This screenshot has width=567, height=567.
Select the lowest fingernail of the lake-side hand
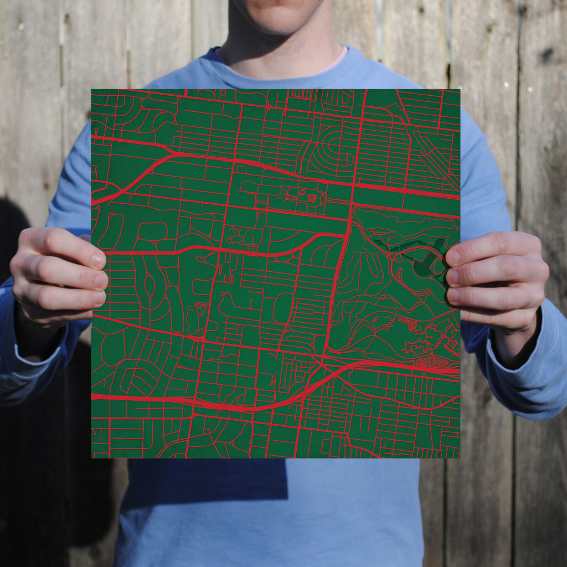click(x=453, y=296)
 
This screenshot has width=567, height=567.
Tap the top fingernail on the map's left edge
click(x=97, y=260)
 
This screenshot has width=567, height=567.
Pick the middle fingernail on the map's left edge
click(x=101, y=280)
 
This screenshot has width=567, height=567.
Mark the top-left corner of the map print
click(x=92, y=90)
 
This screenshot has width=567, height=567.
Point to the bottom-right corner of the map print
click(x=459, y=457)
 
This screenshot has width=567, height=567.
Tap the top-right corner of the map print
click(x=459, y=90)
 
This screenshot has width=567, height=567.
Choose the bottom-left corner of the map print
click(x=92, y=457)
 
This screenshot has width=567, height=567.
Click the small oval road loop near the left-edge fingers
click(x=150, y=286)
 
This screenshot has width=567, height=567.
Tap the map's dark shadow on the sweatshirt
click(x=205, y=482)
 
